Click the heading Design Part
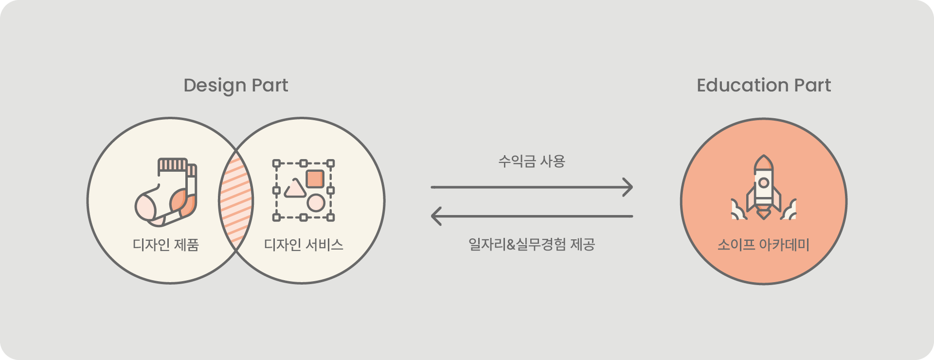click(x=236, y=86)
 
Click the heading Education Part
click(x=764, y=85)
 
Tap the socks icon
click(x=166, y=192)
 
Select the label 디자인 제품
click(x=166, y=244)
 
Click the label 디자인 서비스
click(x=304, y=244)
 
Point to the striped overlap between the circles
click(x=236, y=200)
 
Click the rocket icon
click(x=764, y=187)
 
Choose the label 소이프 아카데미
click(x=764, y=244)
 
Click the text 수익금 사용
click(x=532, y=161)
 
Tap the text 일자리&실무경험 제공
click(x=532, y=244)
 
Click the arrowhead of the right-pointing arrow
click(x=629, y=187)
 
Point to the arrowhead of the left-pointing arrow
click(x=436, y=216)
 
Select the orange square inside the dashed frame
click(x=315, y=179)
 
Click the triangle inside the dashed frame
click(x=295, y=189)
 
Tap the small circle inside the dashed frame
click(x=316, y=203)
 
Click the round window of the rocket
click(x=764, y=183)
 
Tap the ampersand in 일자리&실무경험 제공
click(x=510, y=244)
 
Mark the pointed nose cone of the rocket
click(x=764, y=161)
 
